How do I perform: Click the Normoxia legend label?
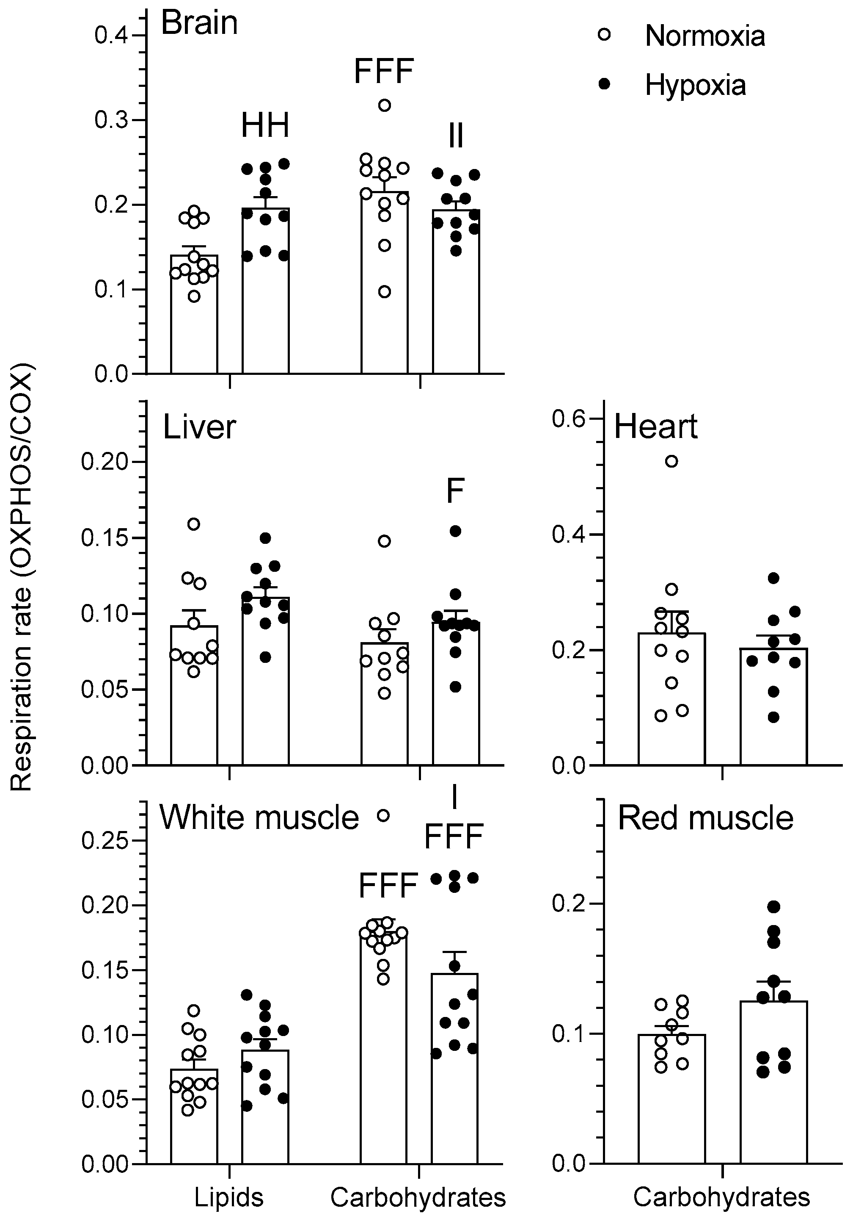click(x=704, y=36)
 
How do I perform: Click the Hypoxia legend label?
click(x=695, y=85)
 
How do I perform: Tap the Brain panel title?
click(x=199, y=23)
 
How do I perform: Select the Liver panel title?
click(x=199, y=427)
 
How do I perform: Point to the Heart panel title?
click(x=656, y=427)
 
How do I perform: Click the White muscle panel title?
click(x=259, y=817)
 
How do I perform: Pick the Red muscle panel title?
click(x=705, y=817)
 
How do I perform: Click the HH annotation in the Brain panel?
click(x=265, y=126)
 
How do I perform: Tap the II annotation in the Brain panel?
click(x=456, y=136)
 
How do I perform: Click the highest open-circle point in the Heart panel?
click(x=671, y=461)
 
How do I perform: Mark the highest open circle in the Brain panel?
click(x=385, y=105)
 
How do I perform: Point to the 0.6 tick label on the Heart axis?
click(x=567, y=419)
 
